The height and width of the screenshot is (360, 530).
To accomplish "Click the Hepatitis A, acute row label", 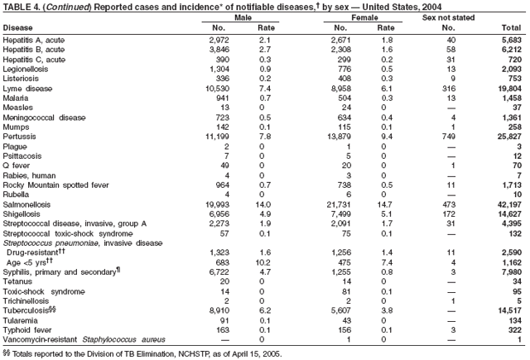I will tap(34, 39).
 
